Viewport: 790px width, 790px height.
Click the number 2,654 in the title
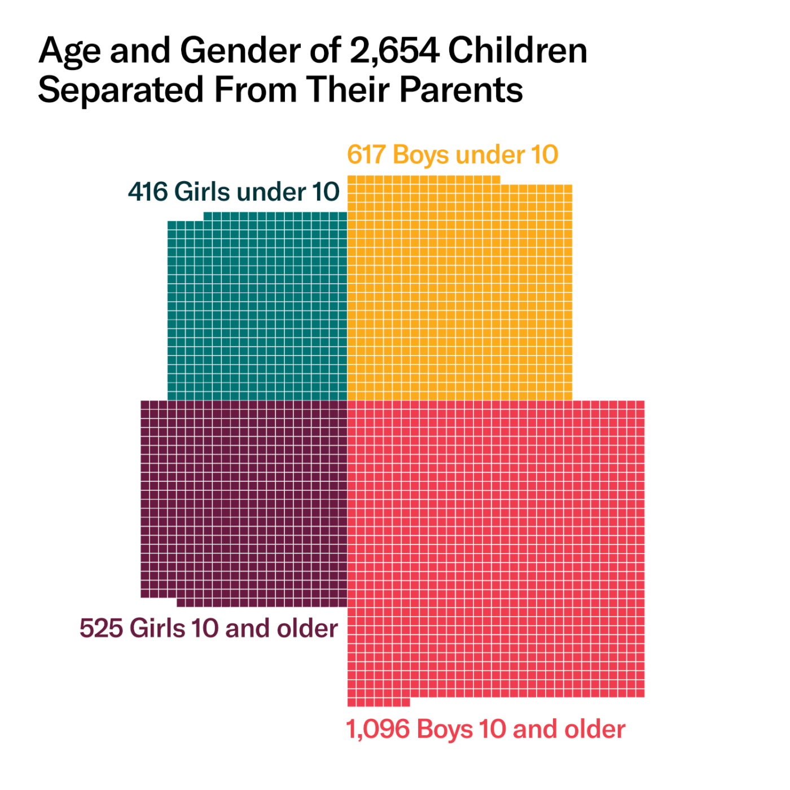(x=394, y=51)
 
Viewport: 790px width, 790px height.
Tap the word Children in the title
(x=517, y=51)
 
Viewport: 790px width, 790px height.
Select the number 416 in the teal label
(x=148, y=192)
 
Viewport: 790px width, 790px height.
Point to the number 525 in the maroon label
(x=101, y=628)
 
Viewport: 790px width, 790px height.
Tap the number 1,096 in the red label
(x=378, y=729)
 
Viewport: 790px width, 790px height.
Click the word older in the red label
(x=595, y=729)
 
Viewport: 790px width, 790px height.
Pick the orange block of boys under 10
(x=459, y=291)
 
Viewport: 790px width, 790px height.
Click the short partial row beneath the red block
(x=379, y=702)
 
